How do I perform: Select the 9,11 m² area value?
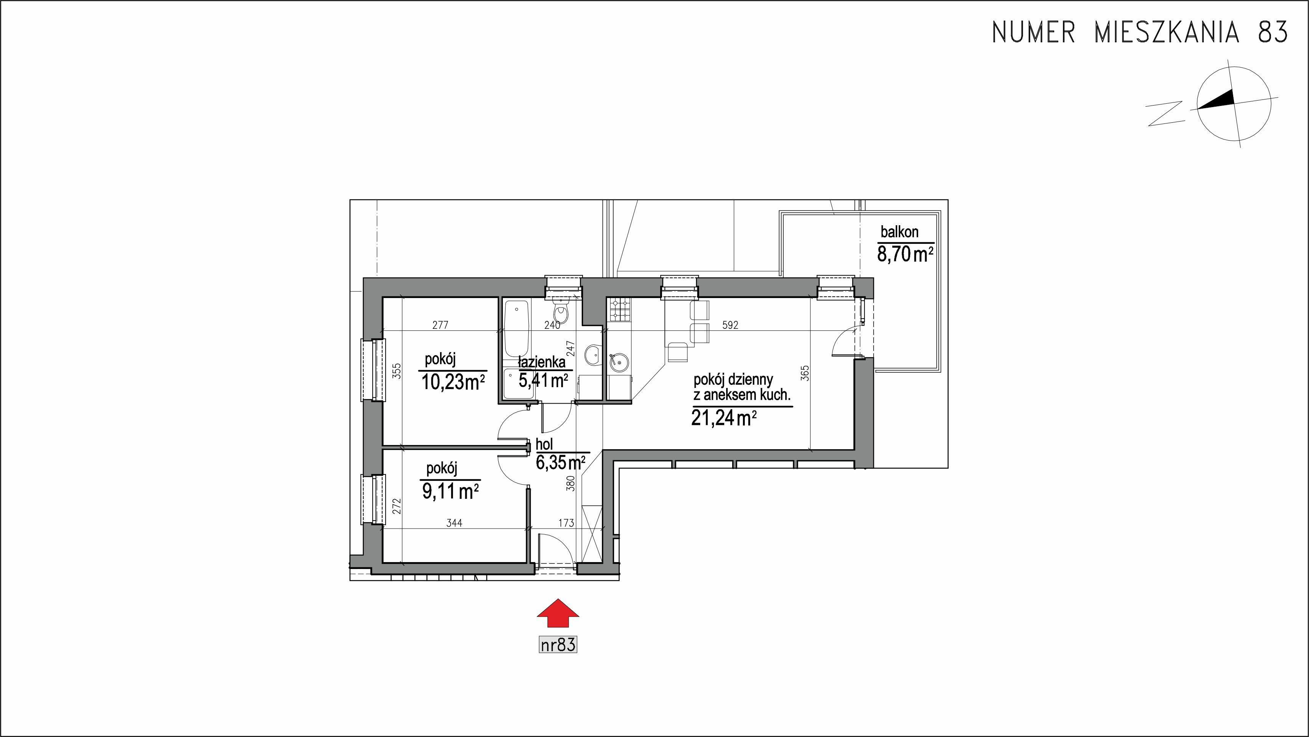450,491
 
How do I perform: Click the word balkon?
899,232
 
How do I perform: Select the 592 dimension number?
730,325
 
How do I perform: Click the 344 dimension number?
454,522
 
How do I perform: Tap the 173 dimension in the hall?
566,522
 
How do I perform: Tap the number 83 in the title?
1272,32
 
